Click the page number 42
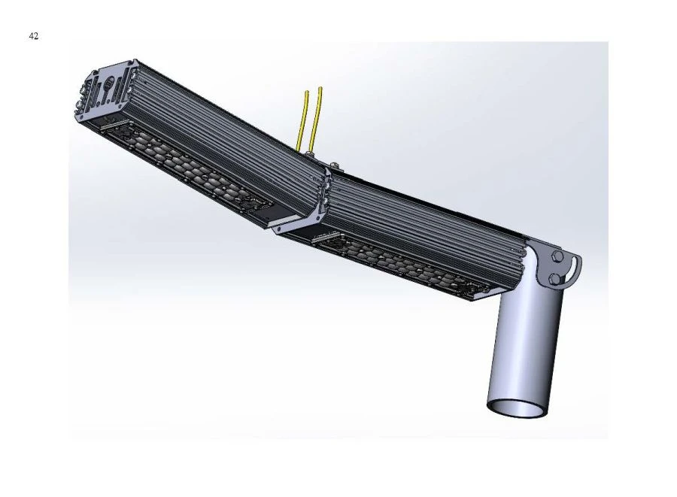(x=34, y=36)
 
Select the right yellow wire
(x=317, y=120)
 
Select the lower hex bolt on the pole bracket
(x=554, y=279)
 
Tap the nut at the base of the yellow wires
(x=308, y=153)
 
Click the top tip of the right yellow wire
(x=321, y=89)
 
